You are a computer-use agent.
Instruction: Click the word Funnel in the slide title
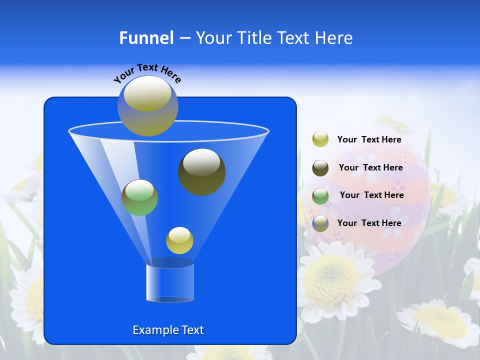click(146, 38)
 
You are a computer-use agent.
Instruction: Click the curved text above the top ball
click(147, 72)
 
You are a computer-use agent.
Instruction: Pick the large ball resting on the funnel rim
click(147, 106)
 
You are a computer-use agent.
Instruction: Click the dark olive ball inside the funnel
click(202, 171)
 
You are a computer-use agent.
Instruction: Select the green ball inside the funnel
click(139, 197)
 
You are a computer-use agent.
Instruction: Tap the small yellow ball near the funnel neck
click(179, 240)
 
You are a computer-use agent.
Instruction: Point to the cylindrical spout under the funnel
click(170, 283)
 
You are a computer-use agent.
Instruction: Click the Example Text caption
click(168, 330)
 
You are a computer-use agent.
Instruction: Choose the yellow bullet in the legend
click(320, 139)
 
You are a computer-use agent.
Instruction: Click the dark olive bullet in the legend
click(320, 167)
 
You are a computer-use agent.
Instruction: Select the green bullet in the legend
click(320, 195)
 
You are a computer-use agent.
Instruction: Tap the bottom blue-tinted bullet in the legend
click(320, 223)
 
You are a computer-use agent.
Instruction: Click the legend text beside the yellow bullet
click(369, 140)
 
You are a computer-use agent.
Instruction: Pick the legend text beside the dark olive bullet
click(370, 168)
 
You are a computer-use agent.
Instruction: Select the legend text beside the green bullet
click(371, 195)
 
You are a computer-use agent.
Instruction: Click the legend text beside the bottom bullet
click(369, 223)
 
